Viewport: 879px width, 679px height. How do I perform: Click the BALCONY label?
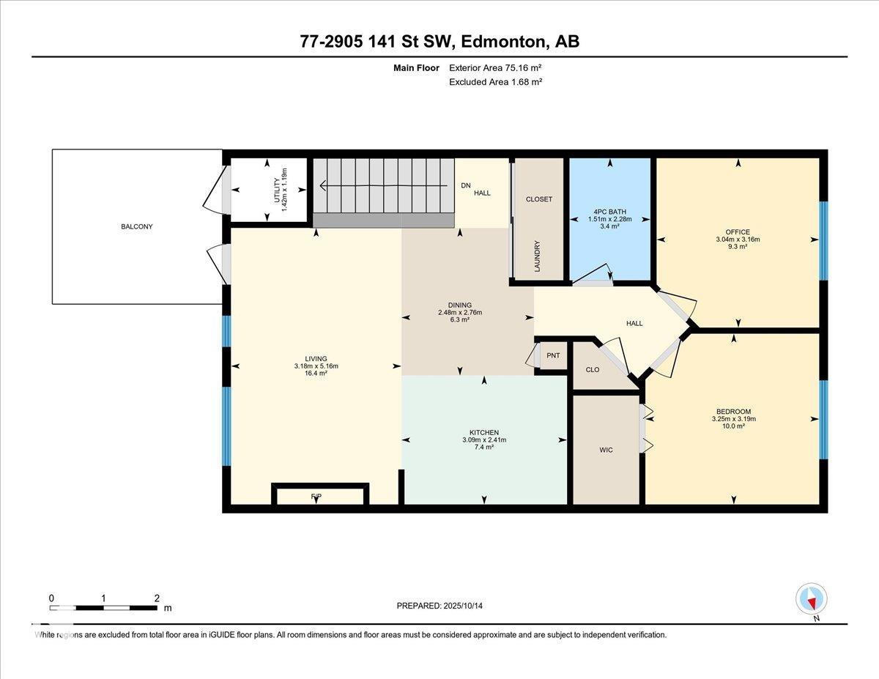coord(136,227)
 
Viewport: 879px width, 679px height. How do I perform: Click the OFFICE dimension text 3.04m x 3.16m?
coord(738,240)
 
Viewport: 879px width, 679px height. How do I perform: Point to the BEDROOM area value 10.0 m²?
coord(733,426)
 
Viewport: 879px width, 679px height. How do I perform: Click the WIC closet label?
coord(606,450)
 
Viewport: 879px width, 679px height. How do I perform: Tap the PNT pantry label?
coord(553,356)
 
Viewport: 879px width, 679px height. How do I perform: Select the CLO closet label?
coord(593,370)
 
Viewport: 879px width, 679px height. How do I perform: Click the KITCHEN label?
coord(483,432)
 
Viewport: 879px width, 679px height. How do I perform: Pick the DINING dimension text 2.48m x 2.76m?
coord(460,313)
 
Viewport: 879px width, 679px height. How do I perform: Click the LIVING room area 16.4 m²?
coord(316,374)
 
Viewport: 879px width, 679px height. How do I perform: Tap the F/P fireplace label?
coord(316,497)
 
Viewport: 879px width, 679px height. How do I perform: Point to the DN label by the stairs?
coord(465,185)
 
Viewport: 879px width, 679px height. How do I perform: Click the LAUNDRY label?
coord(537,256)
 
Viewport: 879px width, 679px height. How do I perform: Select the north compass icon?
coord(811,599)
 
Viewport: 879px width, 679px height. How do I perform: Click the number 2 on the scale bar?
coord(157,598)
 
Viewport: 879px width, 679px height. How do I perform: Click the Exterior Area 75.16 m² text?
coord(495,68)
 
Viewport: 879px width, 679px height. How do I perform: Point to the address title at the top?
coord(439,42)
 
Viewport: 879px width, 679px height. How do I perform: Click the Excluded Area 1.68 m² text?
coord(495,82)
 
